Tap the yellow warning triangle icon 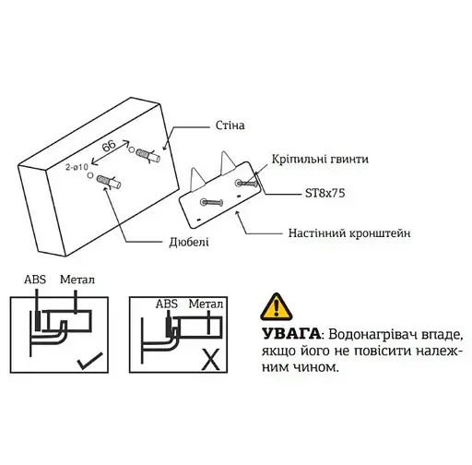[x=275, y=305]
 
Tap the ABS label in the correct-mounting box [x=35, y=279]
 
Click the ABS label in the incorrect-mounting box [x=167, y=303]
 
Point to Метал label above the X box [x=206, y=303]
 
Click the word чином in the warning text [x=312, y=366]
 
